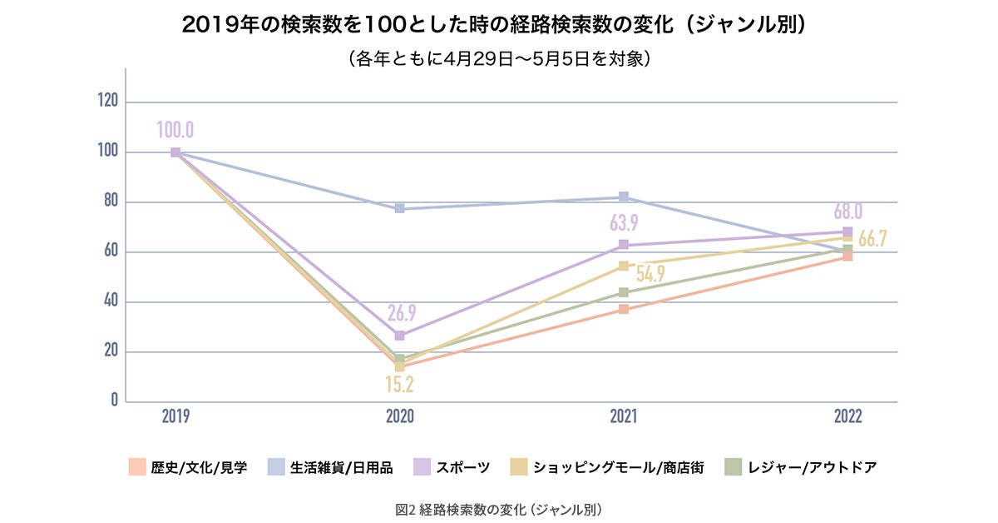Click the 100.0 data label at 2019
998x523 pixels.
pos(175,130)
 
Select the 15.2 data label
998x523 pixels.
pos(399,385)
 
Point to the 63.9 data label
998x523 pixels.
pos(623,224)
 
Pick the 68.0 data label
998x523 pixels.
pos(847,210)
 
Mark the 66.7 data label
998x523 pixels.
pos(872,238)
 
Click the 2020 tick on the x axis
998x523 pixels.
pos(399,416)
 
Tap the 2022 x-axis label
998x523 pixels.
pos(847,416)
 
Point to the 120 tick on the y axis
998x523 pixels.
pos(108,102)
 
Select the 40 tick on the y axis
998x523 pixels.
pos(111,301)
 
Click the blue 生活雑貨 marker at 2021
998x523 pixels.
pos(623,197)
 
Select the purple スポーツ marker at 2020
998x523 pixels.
pos(399,336)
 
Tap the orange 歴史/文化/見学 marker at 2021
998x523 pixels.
pos(623,310)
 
